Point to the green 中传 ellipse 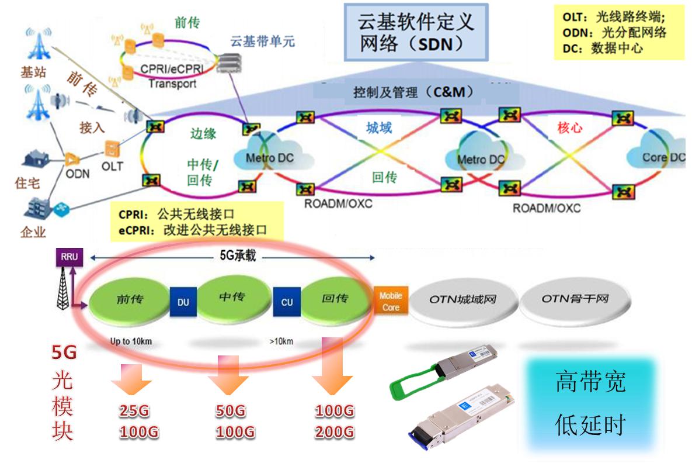[x=232, y=298]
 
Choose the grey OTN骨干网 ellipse [x=575, y=299]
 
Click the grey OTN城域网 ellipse [x=463, y=300]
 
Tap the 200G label [x=335, y=432]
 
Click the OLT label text [x=113, y=167]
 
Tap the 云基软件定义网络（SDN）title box [x=416, y=32]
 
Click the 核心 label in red [x=569, y=127]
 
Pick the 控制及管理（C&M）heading [x=413, y=92]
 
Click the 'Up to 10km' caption [x=131, y=341]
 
